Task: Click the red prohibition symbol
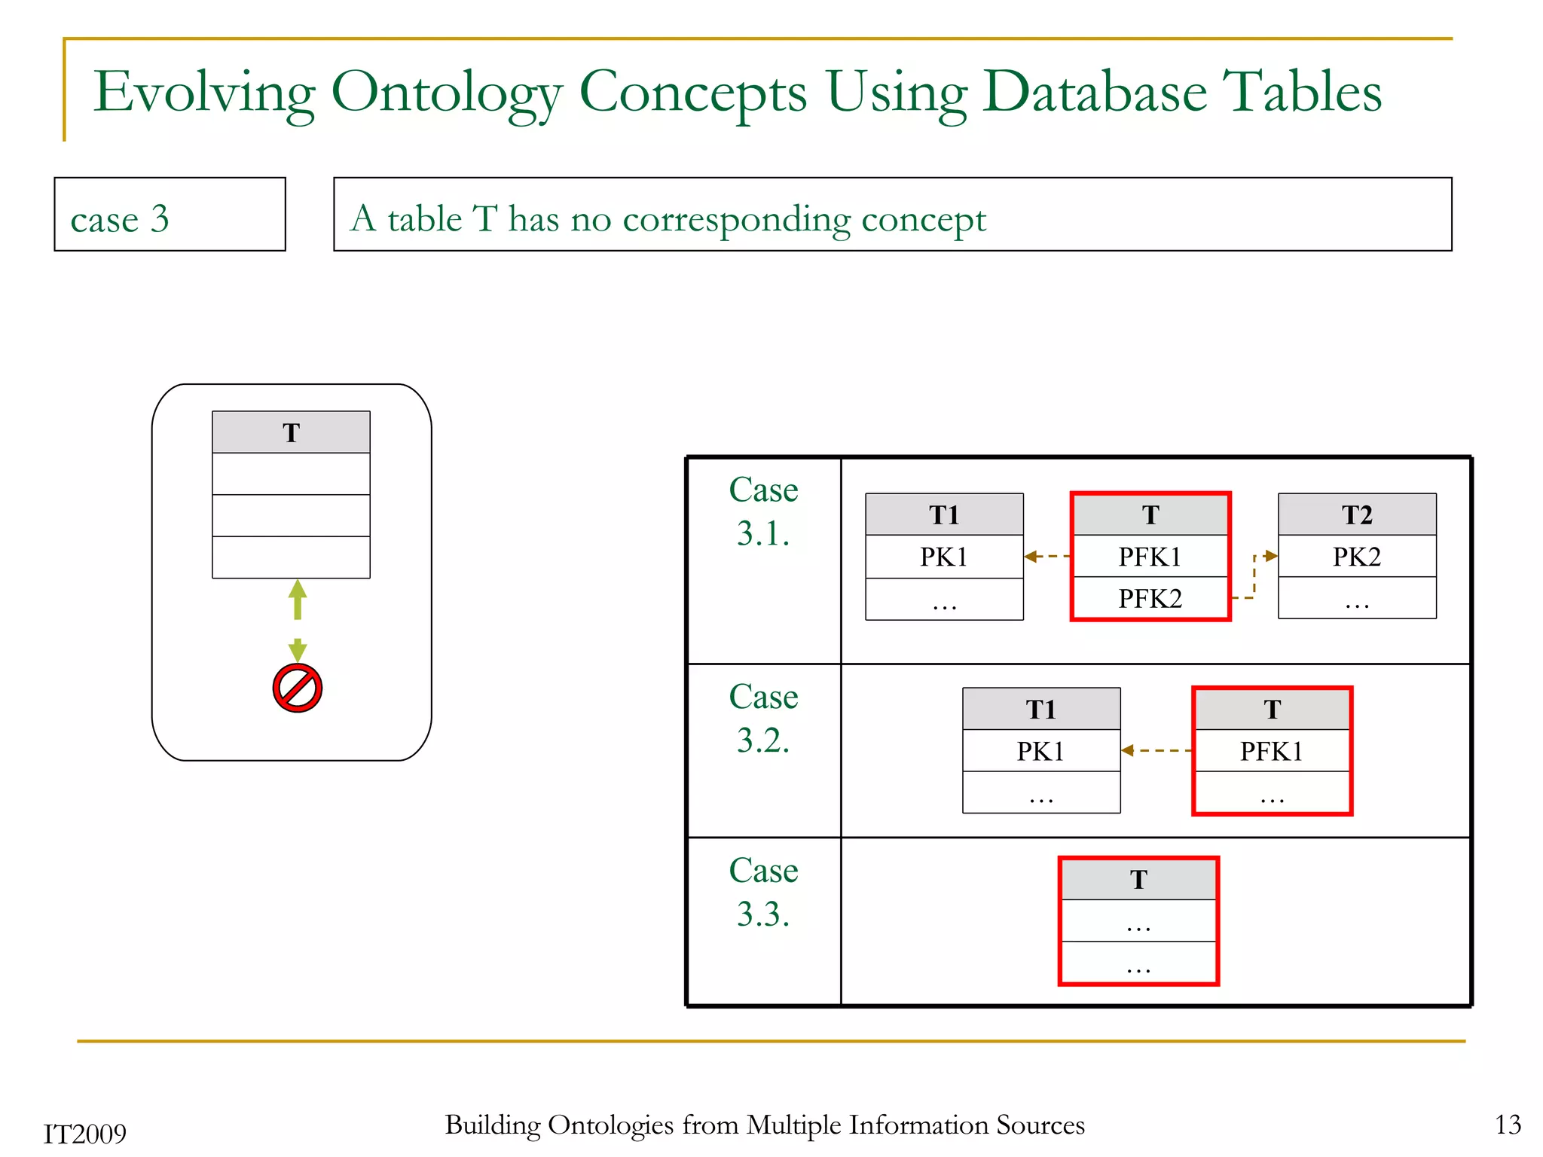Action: (x=298, y=688)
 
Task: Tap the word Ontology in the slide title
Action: (x=446, y=92)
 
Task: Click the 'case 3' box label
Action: (x=120, y=219)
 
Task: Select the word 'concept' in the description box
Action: (x=923, y=219)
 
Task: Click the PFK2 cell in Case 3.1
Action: (x=1150, y=599)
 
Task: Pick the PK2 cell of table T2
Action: (x=1356, y=557)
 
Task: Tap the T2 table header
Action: (x=1356, y=515)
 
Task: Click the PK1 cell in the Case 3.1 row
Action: (x=943, y=557)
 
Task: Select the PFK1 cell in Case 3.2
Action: (x=1271, y=751)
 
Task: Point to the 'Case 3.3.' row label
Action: (x=763, y=892)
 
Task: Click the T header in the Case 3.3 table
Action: (x=1138, y=880)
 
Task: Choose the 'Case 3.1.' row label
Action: (x=763, y=511)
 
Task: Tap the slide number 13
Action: (x=1508, y=1125)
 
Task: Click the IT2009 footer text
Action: (x=84, y=1134)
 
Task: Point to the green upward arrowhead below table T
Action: (x=298, y=590)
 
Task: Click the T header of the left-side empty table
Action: (x=291, y=432)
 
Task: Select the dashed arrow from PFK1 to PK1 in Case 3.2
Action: (x=1156, y=750)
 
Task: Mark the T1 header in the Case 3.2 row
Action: (x=1040, y=710)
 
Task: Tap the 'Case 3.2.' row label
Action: (x=763, y=719)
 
